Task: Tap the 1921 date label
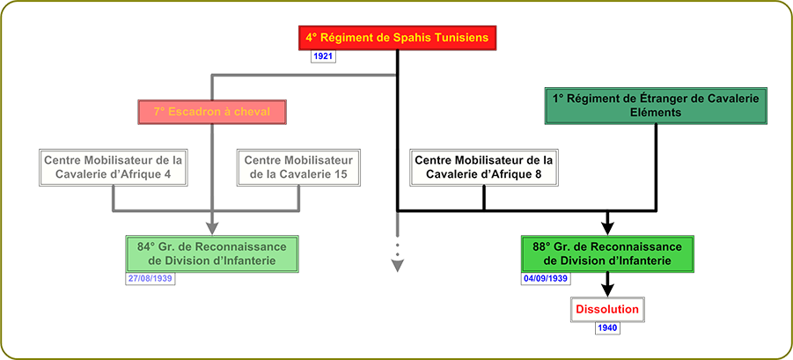coord(323,56)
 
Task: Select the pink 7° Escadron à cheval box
coord(212,113)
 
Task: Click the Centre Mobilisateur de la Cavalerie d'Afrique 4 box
coord(116,167)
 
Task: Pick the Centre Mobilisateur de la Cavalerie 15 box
coord(298,167)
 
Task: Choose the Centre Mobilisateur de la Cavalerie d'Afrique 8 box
coord(483,167)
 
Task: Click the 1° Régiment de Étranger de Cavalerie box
coord(656,106)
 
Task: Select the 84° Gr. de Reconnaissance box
coord(213,253)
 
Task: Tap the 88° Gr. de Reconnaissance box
coord(607,253)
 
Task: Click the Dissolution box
coord(606,310)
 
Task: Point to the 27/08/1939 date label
coord(150,278)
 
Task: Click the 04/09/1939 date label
coord(545,278)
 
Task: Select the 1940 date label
coord(606,328)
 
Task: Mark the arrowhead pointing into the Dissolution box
coord(606,291)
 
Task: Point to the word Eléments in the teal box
coord(655,114)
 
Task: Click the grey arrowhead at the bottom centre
coord(397,259)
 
